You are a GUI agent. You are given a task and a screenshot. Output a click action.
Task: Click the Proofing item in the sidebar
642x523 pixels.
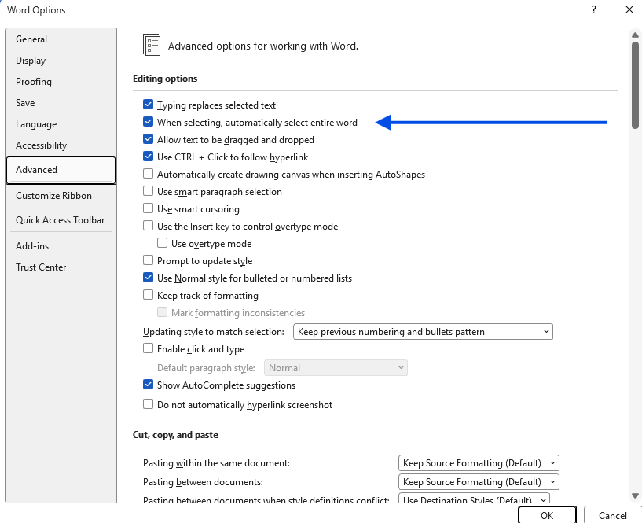[34, 82]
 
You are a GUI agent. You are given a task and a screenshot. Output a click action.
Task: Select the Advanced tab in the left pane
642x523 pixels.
[61, 170]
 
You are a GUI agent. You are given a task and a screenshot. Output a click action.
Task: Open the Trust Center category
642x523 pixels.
[41, 267]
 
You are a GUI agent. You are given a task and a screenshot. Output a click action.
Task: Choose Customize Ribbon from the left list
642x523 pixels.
[53, 196]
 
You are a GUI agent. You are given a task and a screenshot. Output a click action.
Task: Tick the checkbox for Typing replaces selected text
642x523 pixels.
[149, 105]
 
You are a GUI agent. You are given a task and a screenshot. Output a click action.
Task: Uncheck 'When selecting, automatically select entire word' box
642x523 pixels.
[149, 122]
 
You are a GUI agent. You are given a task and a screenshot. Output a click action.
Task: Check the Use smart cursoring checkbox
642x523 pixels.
[149, 208]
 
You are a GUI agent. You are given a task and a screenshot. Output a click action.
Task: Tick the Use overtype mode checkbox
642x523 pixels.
[163, 243]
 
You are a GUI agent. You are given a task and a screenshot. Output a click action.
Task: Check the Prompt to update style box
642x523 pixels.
[149, 260]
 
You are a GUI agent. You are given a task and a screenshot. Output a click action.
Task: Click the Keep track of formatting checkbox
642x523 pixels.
[149, 295]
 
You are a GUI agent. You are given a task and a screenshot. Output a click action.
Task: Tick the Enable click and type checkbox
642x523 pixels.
[149, 348]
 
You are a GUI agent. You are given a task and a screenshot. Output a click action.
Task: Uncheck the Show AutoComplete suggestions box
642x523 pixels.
[149, 385]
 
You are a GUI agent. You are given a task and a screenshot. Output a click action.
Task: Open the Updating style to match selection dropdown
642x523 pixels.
[423, 332]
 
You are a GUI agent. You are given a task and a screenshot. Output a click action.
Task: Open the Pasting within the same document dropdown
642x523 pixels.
[479, 463]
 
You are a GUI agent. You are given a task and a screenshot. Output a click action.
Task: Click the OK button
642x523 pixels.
[547, 515]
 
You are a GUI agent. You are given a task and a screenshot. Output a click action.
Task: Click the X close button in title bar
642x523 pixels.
[629, 9]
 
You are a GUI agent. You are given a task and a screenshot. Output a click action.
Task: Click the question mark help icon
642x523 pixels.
[594, 9]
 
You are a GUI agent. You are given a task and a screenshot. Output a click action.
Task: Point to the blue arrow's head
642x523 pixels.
[376, 122]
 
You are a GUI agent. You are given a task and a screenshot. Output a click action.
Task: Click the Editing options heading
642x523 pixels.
[165, 79]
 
